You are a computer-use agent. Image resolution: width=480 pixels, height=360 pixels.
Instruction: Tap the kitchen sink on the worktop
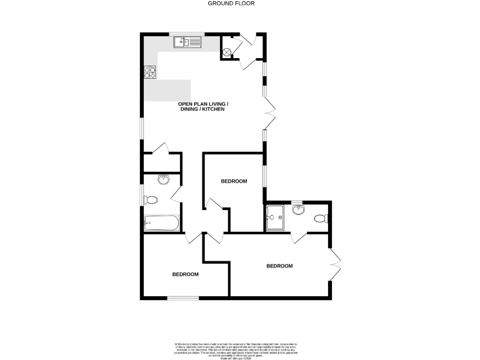click(186, 42)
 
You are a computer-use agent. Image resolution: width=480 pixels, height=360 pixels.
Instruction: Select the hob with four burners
click(150, 72)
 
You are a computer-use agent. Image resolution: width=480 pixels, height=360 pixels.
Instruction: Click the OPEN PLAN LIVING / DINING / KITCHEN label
click(203, 106)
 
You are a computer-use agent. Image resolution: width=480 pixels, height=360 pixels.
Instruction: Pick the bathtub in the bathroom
click(162, 222)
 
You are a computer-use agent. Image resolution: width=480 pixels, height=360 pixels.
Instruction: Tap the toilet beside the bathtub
click(151, 200)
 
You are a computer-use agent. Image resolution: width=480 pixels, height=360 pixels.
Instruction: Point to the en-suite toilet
click(321, 219)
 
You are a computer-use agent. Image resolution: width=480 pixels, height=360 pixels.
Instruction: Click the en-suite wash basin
click(298, 209)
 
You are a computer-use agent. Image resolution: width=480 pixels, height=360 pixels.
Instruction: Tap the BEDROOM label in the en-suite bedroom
click(279, 266)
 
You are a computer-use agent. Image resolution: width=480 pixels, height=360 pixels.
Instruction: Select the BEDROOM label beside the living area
click(234, 181)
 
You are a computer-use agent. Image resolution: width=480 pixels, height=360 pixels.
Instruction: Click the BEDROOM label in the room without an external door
click(186, 274)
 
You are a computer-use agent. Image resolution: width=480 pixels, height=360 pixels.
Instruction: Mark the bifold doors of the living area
click(270, 113)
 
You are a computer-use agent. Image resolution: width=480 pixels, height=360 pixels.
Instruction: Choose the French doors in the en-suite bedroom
click(336, 265)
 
